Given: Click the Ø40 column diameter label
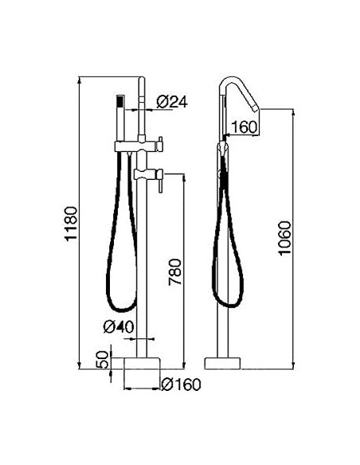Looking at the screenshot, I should coord(117,326).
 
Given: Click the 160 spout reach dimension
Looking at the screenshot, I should coord(245,127).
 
